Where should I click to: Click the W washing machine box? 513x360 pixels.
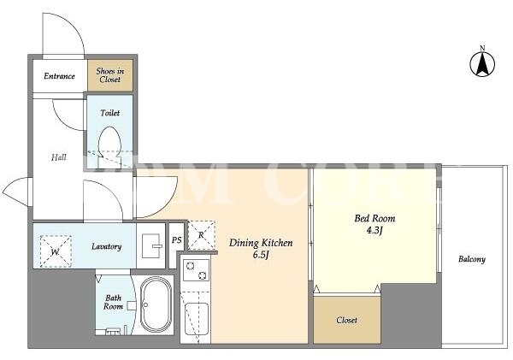[56, 251]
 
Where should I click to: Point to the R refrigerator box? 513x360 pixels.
[202, 235]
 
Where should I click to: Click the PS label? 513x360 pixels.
[177, 240]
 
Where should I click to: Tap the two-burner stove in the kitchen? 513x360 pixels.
[196, 270]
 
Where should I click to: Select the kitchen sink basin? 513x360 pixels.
[197, 319]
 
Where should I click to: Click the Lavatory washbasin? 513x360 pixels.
[150, 245]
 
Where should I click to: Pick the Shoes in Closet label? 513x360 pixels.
[110, 75]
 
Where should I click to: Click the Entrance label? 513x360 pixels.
[60, 76]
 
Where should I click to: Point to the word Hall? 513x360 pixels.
[59, 157]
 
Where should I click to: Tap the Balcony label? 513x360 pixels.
[472, 259]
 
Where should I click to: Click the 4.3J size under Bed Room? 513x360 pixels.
[374, 230]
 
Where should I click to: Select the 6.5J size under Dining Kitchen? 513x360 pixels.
[261, 255]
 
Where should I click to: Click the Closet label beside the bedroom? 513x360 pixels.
[347, 320]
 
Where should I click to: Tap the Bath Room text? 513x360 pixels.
[113, 302]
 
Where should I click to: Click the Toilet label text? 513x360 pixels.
[110, 113]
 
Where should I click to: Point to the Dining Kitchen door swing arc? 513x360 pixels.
[166, 205]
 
